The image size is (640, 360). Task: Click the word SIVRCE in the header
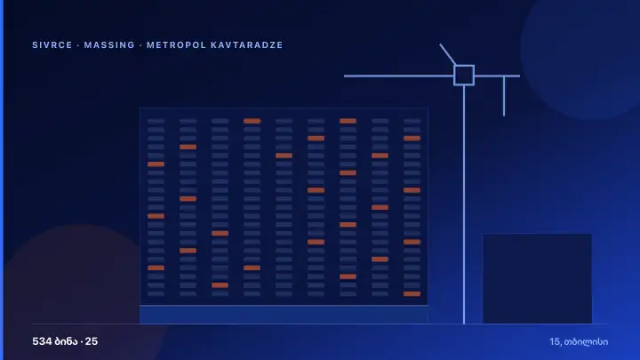point(52,45)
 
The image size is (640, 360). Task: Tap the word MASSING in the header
point(109,45)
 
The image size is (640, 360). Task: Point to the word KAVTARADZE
point(246,45)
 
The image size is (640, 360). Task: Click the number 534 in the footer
point(42,341)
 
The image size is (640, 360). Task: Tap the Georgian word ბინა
point(66,341)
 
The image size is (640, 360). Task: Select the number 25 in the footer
point(92,341)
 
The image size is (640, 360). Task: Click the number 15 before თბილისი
point(555,341)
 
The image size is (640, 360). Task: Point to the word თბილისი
point(586,342)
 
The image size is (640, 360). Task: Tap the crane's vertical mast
point(464,204)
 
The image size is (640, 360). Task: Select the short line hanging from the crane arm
point(504,96)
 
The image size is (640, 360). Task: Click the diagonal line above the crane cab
point(448,54)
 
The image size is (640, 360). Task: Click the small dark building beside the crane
point(537,279)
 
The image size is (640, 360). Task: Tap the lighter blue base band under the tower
point(284,315)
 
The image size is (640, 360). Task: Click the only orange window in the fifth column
point(284,156)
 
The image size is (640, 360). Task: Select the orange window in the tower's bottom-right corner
point(412,294)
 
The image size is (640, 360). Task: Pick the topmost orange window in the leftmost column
point(156,164)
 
